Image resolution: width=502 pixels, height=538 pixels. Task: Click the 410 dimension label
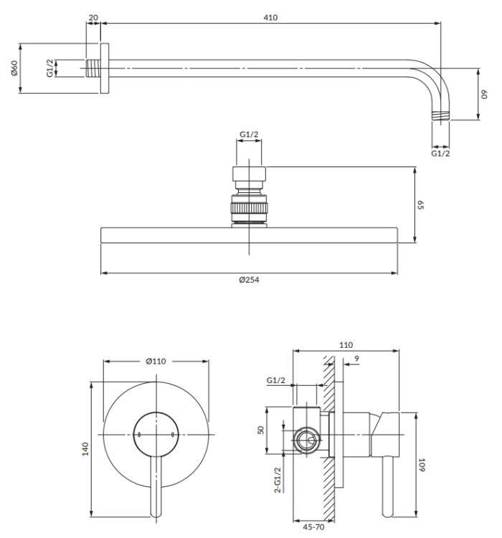pos(270,17)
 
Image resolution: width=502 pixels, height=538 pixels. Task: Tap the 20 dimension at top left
pos(93,17)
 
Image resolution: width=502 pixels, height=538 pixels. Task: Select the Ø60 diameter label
pos(14,68)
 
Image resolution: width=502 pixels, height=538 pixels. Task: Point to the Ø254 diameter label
pos(249,280)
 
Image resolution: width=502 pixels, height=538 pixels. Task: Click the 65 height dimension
pos(421,205)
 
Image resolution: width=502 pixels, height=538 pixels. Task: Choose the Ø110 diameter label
pos(156,361)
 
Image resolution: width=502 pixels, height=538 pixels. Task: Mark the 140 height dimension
pos(85,449)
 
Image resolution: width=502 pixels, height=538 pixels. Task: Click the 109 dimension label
pos(422,465)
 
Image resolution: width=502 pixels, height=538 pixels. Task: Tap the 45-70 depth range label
pos(313,527)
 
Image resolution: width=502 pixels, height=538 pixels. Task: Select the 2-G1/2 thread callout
pos(278,480)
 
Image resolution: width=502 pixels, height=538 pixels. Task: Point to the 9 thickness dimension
pos(357,359)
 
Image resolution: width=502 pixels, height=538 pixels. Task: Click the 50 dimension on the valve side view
pos(261,430)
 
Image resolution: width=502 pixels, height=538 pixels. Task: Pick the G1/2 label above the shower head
pos(249,134)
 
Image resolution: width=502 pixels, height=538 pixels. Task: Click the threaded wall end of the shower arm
pos(93,68)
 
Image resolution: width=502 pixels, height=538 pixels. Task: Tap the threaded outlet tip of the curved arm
pos(440,115)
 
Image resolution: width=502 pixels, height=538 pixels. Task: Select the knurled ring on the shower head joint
pos(249,208)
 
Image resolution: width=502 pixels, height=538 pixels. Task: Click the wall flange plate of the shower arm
pos(104,68)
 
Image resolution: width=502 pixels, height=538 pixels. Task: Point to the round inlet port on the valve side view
pos(306,440)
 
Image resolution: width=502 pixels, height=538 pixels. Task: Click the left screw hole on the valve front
pos(139,435)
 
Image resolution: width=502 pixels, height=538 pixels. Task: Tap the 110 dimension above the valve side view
pos(346,345)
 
